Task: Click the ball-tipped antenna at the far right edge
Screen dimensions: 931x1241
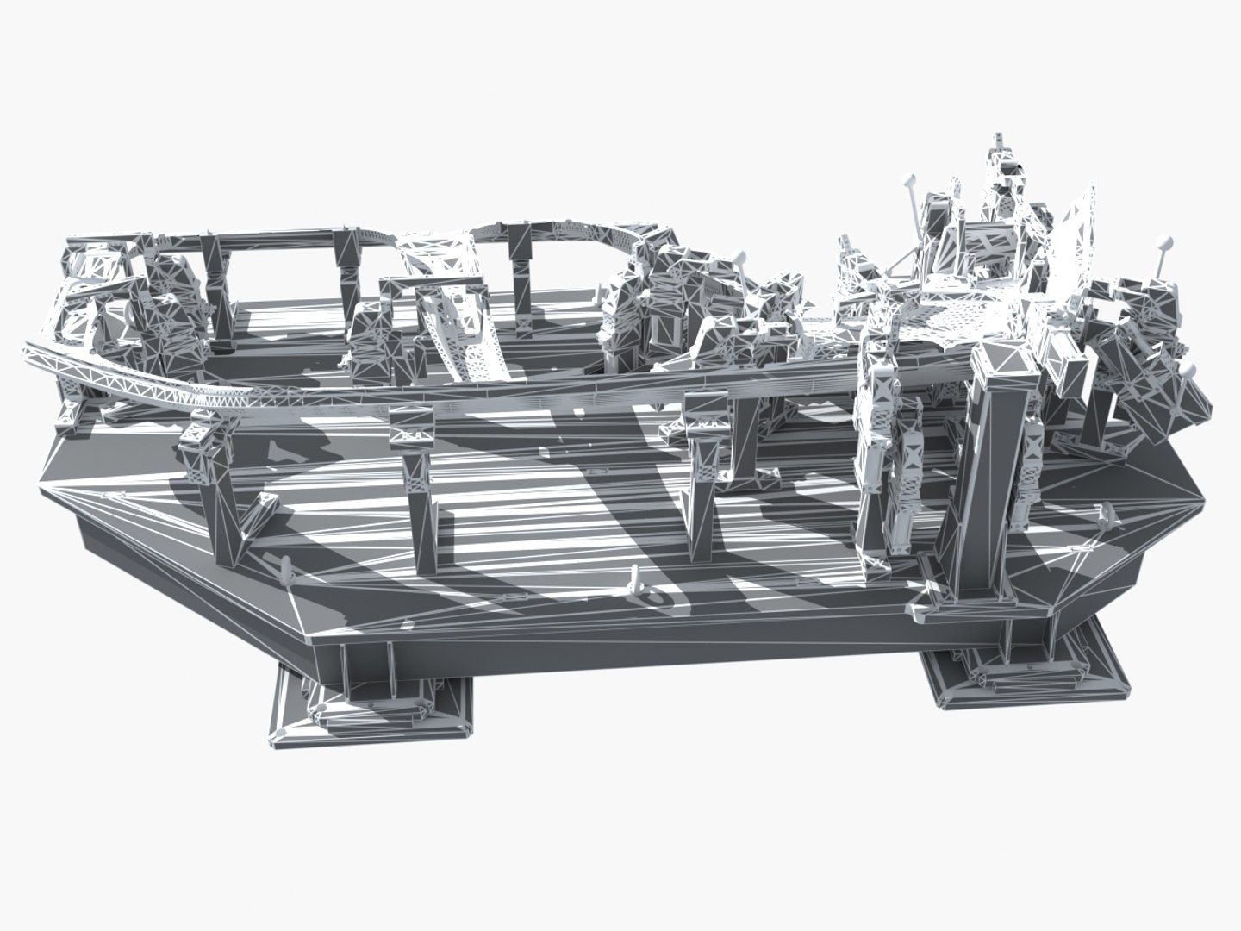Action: pos(1191,371)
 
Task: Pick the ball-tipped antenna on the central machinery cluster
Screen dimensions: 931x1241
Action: pos(739,256)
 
